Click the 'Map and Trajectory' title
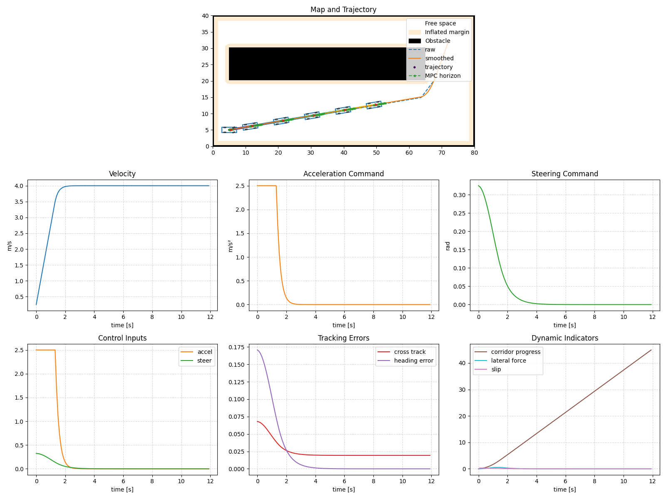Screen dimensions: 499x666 pos(343,10)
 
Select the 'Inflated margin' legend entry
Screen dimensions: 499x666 pos(447,32)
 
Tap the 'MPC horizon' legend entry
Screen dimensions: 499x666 pos(442,76)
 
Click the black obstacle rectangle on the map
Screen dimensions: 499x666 pos(316,64)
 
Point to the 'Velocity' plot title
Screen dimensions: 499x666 pos(122,174)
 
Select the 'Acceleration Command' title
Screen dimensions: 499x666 pos(343,174)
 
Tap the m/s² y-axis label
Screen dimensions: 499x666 pos(231,246)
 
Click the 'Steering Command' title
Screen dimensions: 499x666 pos(564,174)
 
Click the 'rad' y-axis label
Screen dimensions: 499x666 pos(448,246)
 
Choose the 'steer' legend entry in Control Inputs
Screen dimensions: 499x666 pos(204,361)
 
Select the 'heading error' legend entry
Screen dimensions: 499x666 pos(413,361)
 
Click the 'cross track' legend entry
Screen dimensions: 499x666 pos(410,352)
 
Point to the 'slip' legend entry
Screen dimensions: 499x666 pos(496,369)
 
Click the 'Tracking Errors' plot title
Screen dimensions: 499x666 pos(343,338)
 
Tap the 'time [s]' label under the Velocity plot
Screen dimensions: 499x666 pos(122,325)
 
